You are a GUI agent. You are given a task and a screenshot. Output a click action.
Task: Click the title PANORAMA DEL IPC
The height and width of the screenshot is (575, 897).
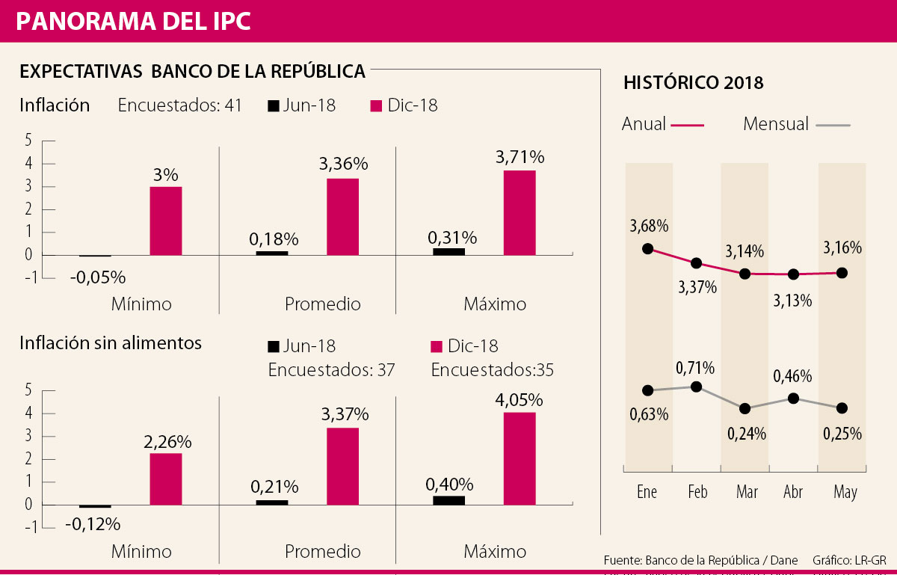(x=133, y=21)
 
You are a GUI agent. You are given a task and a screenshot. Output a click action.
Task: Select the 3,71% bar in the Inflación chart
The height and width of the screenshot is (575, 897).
(x=520, y=212)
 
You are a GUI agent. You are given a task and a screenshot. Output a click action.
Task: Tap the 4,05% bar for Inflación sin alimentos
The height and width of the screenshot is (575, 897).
(x=520, y=458)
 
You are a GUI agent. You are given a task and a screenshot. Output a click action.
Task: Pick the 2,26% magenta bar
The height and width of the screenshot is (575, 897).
(x=166, y=479)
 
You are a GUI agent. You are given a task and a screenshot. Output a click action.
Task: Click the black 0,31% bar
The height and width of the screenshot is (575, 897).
(x=449, y=251)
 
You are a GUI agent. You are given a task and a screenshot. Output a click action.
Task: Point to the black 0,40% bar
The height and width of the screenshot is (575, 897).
(x=449, y=500)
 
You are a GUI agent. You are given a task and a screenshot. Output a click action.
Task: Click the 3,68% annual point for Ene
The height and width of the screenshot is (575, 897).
(x=647, y=248)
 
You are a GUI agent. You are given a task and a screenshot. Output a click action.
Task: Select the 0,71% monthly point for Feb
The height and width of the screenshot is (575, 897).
(x=697, y=387)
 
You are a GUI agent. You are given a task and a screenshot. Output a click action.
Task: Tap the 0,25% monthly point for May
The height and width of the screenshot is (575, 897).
(x=842, y=408)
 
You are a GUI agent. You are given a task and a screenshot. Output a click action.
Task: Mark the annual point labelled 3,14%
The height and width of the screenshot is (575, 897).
(x=745, y=274)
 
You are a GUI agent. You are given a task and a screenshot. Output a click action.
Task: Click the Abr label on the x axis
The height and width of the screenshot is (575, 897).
(x=793, y=492)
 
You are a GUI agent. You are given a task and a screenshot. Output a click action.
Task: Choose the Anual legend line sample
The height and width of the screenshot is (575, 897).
(x=688, y=125)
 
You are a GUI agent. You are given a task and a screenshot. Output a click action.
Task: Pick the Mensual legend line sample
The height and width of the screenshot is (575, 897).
(x=833, y=125)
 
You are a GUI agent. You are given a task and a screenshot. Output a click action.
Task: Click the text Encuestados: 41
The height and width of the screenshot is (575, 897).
(x=179, y=105)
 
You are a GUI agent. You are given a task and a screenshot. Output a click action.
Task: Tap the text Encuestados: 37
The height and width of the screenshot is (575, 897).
(x=331, y=370)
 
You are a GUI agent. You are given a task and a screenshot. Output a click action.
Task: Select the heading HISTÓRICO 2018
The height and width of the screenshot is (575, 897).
(x=693, y=82)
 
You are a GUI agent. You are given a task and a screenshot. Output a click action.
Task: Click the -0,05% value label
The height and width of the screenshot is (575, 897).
(x=98, y=277)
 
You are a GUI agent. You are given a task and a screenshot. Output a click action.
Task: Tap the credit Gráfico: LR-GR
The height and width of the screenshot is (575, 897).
(x=849, y=560)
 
